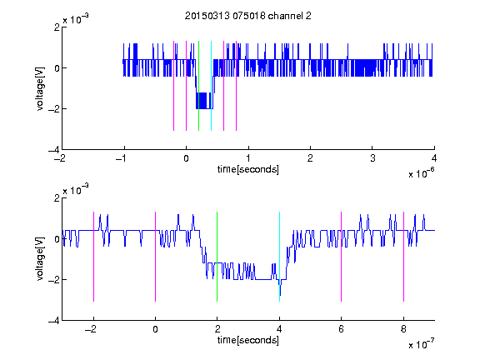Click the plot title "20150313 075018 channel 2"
tap(248, 16)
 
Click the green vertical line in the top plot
tap(199, 86)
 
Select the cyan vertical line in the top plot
tap(211, 86)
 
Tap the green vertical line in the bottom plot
tap(217, 257)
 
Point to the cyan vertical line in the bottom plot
tap(279, 257)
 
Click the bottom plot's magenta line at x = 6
tap(342, 257)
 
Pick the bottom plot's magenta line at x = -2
tap(93, 257)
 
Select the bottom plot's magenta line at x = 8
tap(404, 257)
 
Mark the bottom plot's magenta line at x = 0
tap(156, 257)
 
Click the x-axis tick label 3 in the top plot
tap(372, 158)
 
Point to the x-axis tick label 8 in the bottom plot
tap(403, 329)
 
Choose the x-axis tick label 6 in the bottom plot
tap(342, 329)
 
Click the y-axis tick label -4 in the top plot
tap(54, 150)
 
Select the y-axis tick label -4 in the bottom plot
tap(54, 321)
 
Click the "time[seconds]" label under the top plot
tap(248, 169)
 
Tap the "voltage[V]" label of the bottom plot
tap(40, 259)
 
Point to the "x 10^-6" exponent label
tap(421, 173)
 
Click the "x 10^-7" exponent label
tap(421, 344)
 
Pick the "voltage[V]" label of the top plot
tap(40, 89)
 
